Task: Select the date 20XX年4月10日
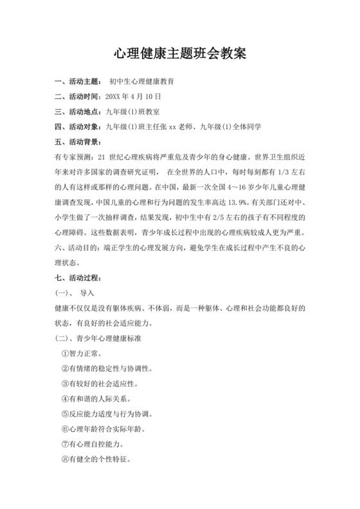132,96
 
